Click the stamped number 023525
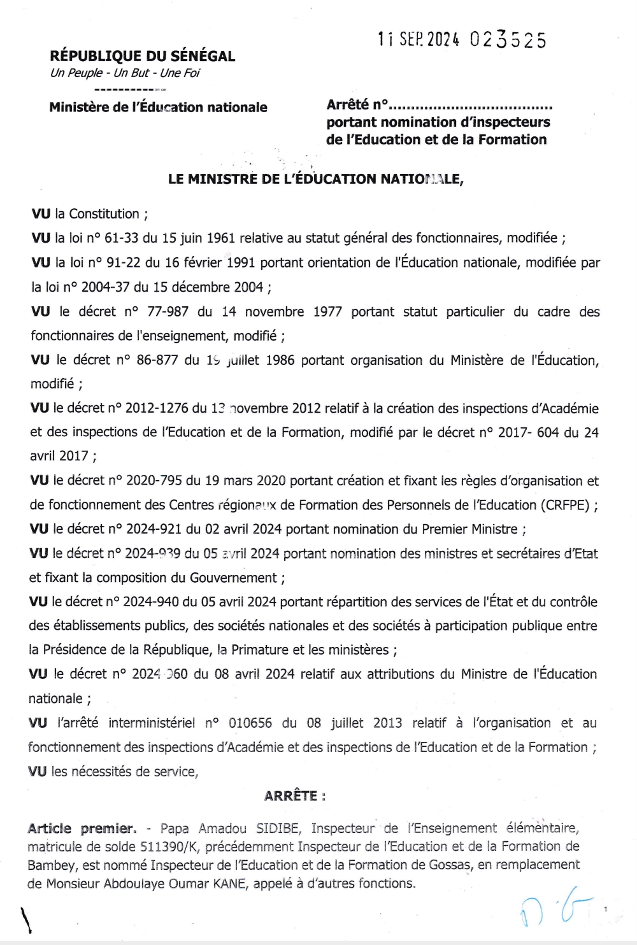[x=508, y=40]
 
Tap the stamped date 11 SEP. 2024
[x=418, y=39]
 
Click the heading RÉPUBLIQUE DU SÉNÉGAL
[x=142, y=56]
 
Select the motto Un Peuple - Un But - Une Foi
[x=125, y=73]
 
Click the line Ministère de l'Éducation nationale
[x=158, y=107]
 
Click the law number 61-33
[x=121, y=238]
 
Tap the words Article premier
[x=82, y=828]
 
